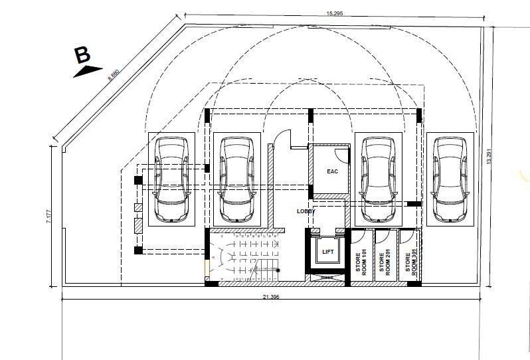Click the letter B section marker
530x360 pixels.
coord(82,54)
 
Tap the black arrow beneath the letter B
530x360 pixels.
coord(86,72)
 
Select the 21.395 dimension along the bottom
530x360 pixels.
coord(270,296)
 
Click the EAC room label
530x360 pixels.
coord(333,171)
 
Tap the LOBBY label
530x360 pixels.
coord(306,211)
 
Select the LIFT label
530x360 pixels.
coord(327,252)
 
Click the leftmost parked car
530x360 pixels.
coord(171,179)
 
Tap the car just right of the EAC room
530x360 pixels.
coord(377,179)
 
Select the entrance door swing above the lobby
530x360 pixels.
coord(282,137)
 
